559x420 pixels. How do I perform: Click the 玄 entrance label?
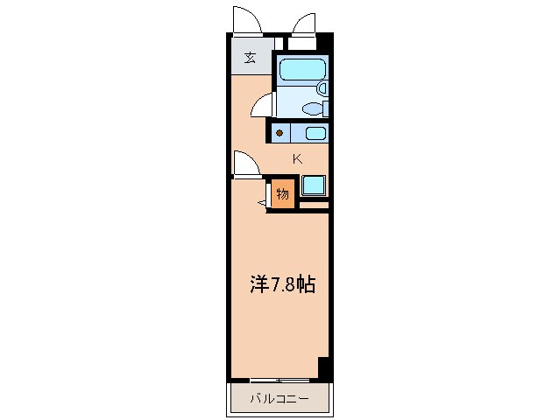point(251,58)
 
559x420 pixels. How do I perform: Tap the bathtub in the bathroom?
point(301,71)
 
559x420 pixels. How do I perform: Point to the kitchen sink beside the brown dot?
point(315,134)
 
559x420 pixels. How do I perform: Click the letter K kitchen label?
point(297,158)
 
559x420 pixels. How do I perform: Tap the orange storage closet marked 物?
point(282,192)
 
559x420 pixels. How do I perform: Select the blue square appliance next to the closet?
point(313,185)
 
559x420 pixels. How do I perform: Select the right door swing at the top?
point(305,24)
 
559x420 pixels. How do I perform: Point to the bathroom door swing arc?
point(262,107)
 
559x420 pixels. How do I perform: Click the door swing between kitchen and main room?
point(245,164)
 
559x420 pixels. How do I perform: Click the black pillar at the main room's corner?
point(324,367)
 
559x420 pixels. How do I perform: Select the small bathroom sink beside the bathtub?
point(322,88)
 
